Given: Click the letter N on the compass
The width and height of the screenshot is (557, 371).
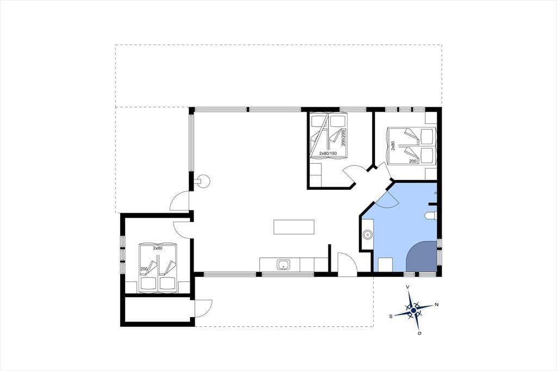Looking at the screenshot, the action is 437,305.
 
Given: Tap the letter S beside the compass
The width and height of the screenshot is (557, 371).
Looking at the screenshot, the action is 391,316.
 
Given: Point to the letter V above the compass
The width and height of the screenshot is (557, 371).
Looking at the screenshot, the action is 408,287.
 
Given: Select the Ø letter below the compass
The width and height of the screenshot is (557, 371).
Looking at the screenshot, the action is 419,333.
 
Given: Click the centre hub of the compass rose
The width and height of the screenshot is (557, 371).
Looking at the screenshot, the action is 413,310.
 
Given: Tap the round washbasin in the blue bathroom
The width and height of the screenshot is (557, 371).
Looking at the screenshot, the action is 367,234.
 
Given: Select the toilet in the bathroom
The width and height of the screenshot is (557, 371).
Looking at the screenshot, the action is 431,216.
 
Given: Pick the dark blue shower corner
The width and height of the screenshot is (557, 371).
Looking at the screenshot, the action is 422,256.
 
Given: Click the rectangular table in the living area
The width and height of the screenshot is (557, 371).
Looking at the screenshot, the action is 294,227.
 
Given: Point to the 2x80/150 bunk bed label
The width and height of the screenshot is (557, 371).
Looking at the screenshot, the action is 327,153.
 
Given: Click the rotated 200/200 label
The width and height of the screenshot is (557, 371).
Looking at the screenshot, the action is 343,138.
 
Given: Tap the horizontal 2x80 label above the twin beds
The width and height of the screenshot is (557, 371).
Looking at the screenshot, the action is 158,248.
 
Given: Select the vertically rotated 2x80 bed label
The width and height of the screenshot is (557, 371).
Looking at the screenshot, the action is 393,146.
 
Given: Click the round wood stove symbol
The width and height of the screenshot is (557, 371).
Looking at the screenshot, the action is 203,181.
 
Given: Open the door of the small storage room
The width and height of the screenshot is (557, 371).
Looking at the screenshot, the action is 203,308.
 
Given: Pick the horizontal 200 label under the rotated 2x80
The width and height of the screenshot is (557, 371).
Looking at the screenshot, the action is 413,161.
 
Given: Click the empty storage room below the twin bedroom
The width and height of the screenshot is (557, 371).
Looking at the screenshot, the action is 159,309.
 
